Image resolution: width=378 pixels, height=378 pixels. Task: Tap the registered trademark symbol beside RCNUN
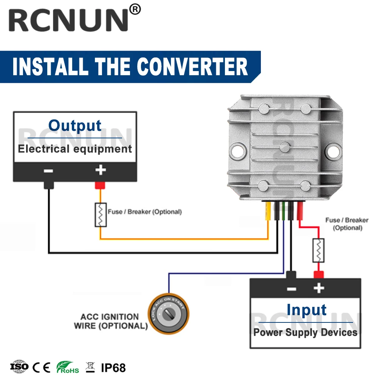[135, 9]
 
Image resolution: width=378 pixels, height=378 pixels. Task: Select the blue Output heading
[75, 125]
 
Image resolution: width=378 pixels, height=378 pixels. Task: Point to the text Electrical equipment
[75, 149]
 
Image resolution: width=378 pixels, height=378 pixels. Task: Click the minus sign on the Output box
[48, 170]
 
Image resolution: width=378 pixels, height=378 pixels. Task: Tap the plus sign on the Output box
[100, 170]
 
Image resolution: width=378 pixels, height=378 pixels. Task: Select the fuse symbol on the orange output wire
[101, 215]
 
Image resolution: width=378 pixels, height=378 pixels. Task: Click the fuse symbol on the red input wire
[318, 250]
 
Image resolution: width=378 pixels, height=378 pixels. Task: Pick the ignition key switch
[168, 313]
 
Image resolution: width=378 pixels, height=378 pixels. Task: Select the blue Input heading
[306, 310]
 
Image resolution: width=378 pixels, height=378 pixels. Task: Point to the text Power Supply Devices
[305, 333]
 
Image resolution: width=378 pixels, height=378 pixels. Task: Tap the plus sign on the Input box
[319, 288]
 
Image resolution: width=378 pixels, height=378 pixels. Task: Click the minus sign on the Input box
[291, 289]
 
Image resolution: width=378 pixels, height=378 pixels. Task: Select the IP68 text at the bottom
[113, 367]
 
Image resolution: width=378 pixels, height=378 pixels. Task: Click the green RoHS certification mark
[67, 367]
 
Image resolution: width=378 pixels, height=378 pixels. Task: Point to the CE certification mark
[41, 367]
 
